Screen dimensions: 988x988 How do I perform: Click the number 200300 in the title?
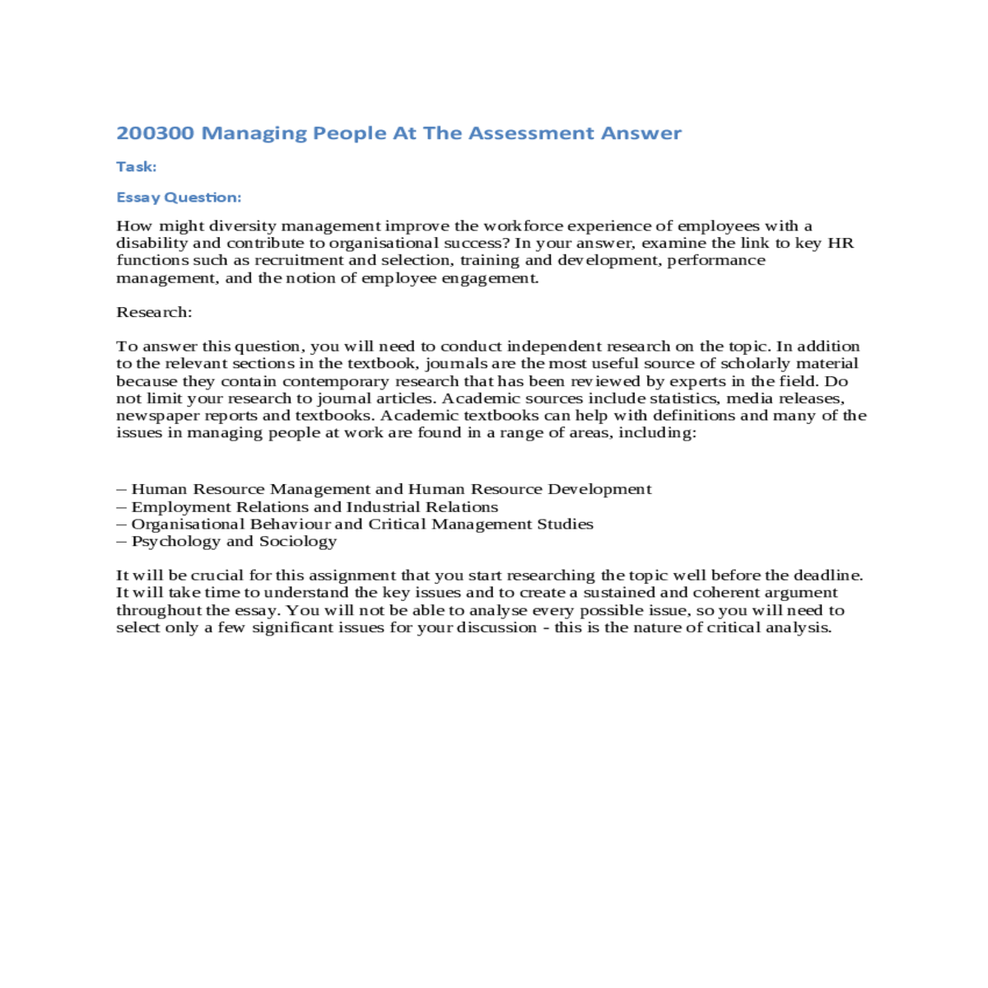[x=155, y=133]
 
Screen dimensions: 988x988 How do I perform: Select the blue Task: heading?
[x=136, y=167]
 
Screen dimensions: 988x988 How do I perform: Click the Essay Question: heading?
[x=179, y=198]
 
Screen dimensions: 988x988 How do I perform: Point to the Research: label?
[x=154, y=312]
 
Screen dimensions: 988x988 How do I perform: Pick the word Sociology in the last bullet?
[x=298, y=542]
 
